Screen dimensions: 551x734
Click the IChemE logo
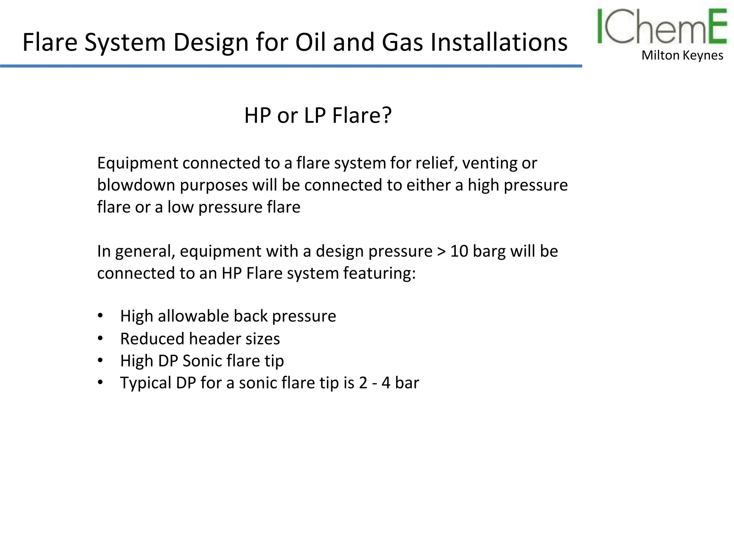[x=662, y=27]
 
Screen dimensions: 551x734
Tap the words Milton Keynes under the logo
[x=682, y=55]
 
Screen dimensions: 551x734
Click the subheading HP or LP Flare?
[x=318, y=116]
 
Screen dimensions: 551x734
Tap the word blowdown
[x=136, y=185]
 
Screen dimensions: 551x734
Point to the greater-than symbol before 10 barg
[x=441, y=251]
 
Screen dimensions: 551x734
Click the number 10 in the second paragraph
[x=459, y=251]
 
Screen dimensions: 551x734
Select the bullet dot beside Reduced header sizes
[x=100, y=338]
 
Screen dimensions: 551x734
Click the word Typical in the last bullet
[x=146, y=383]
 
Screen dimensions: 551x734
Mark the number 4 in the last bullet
[x=386, y=383]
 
